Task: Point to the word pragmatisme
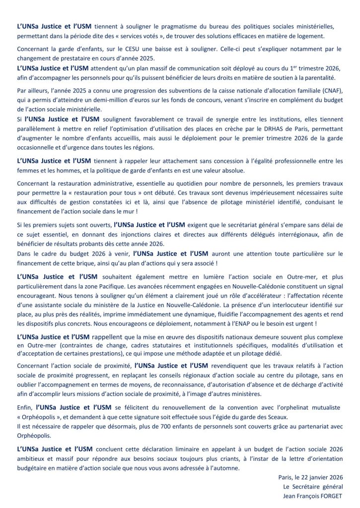[181, 26]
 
